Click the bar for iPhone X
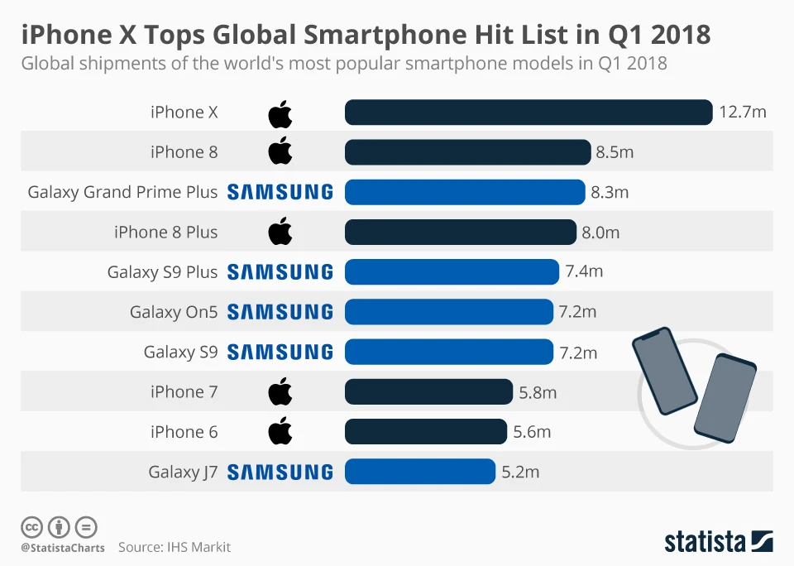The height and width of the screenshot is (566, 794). (528, 113)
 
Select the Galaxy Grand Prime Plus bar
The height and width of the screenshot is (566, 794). (465, 192)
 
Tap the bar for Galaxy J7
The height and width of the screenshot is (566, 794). (420, 472)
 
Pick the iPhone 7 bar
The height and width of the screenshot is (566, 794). (428, 392)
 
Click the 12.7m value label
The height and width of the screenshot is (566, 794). (742, 113)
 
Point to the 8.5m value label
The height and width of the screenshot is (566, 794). (615, 152)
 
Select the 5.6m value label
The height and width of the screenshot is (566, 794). (532, 432)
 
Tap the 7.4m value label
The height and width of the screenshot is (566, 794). (584, 272)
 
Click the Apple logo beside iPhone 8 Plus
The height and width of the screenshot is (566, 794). (280, 233)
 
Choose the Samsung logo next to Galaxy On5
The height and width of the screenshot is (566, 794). (280, 312)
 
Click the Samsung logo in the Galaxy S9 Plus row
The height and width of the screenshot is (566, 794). (280, 272)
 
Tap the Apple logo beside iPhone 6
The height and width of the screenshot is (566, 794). (280, 431)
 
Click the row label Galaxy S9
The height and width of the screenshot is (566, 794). (180, 353)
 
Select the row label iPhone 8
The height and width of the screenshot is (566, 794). (184, 152)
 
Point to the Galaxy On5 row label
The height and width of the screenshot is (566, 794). (174, 313)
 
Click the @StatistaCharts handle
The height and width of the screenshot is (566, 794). (63, 548)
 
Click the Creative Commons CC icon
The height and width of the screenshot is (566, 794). (32, 527)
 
